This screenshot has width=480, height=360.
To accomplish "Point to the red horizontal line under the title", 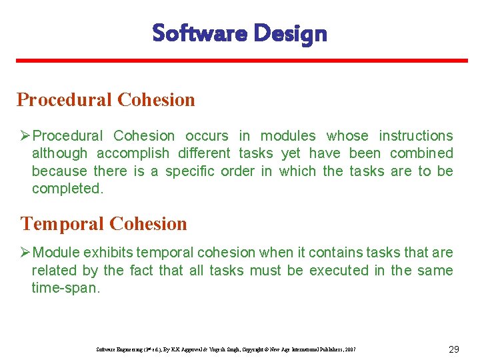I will (240, 61).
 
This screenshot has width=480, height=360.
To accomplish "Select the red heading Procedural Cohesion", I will (106, 100).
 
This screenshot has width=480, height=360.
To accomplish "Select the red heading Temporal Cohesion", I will (104, 223).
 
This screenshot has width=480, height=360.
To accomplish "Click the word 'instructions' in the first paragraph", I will (415, 136).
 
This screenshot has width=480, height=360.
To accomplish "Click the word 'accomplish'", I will (130, 153).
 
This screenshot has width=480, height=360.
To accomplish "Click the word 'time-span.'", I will (65, 287).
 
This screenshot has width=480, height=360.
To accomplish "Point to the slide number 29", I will (454, 349).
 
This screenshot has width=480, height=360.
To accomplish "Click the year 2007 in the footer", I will (350, 350).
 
